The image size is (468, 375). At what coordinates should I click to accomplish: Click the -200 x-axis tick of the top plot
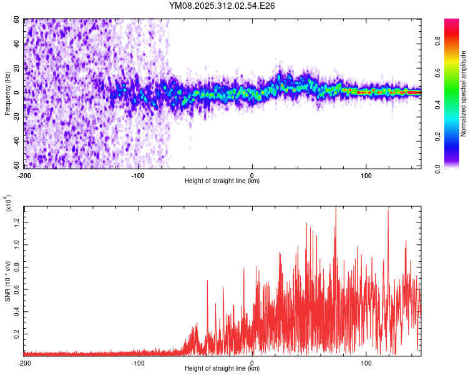pyautogui.click(x=25, y=176)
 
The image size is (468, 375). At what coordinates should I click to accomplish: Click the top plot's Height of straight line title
pyautogui.click(x=222, y=181)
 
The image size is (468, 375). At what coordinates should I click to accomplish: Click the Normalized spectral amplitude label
pyautogui.click(x=464, y=94)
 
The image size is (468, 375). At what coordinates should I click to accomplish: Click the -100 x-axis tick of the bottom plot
pyautogui.click(x=138, y=362)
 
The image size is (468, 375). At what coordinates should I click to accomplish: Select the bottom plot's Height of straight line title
pyautogui.click(x=222, y=369)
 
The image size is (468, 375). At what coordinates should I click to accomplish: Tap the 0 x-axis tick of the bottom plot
pyautogui.click(x=252, y=362)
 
